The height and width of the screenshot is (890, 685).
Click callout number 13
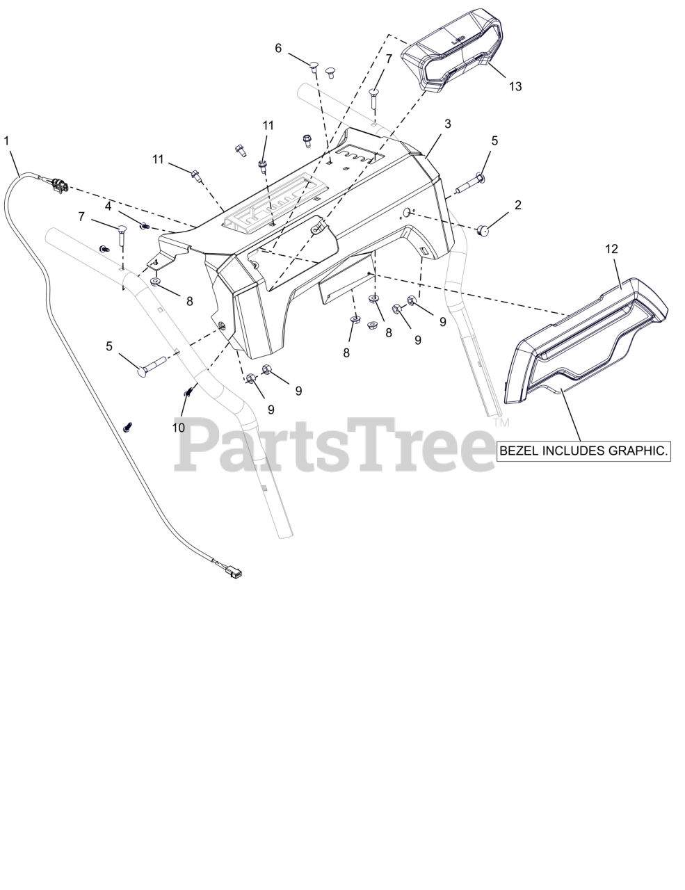pyautogui.click(x=515, y=86)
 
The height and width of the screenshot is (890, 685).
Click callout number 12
pyautogui.click(x=611, y=249)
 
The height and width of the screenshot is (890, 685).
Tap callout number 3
pyautogui.click(x=448, y=124)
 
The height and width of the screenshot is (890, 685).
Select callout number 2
pyautogui.click(x=517, y=205)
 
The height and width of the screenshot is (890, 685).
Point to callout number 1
pyautogui.click(x=7, y=140)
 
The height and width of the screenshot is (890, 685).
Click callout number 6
pyautogui.click(x=278, y=48)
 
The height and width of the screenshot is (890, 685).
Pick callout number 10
pyautogui.click(x=179, y=428)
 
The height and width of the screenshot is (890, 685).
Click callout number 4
pyautogui.click(x=108, y=206)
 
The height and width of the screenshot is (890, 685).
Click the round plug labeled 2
pyautogui.click(x=481, y=230)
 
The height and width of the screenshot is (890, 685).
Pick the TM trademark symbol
pyautogui.click(x=501, y=422)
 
